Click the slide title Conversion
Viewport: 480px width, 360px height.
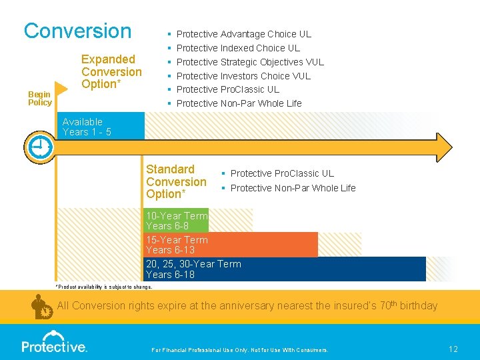77,31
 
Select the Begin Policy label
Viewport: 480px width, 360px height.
39,99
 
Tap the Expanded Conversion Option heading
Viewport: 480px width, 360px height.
111,72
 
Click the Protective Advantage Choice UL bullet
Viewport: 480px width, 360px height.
243,34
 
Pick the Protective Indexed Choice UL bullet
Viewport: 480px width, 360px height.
238,48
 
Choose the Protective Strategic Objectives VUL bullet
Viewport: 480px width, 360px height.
250,62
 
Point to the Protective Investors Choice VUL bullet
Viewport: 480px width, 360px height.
243,76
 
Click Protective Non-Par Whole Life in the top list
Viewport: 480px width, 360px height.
239,103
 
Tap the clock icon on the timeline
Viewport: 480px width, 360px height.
39,146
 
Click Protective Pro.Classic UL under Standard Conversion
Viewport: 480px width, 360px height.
282,173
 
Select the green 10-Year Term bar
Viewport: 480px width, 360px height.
177,221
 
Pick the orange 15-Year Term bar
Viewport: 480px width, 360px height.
230,245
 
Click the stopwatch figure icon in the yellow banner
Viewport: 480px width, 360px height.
43,307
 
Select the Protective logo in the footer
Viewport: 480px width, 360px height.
54,346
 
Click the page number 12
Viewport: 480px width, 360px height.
453,349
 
